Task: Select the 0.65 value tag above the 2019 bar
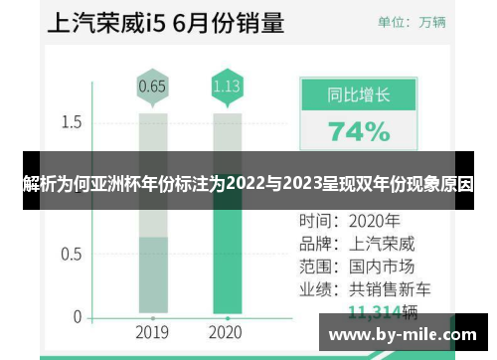tap(152, 87)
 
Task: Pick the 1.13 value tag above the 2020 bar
tap(227, 87)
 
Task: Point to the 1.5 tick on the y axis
tap(71, 122)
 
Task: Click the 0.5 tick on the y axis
tap(71, 254)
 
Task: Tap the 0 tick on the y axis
tap(77, 317)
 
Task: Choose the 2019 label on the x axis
tap(152, 332)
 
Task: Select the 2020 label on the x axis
tap(227, 332)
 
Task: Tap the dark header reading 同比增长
tap(359, 96)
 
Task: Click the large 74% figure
tap(359, 130)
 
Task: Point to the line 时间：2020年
tap(349, 220)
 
